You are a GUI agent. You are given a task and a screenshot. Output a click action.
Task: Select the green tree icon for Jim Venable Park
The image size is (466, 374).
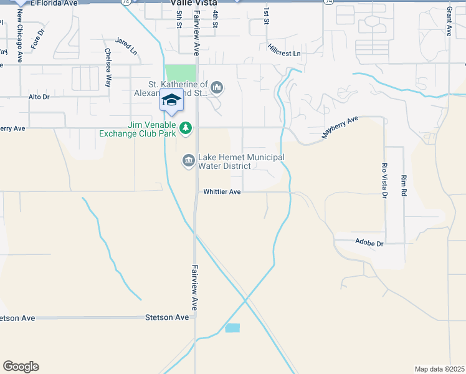pyautogui.click(x=185, y=128)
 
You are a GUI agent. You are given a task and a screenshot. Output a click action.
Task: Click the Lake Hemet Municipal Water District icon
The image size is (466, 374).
pyautogui.click(x=188, y=161)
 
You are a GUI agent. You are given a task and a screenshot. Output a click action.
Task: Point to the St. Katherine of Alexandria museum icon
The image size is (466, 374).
pyautogui.click(x=217, y=87)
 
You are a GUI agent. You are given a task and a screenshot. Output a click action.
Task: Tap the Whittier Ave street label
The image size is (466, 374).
pyautogui.click(x=222, y=192)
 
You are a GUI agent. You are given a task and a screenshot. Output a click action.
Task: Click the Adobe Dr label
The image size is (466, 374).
pyautogui.click(x=369, y=242)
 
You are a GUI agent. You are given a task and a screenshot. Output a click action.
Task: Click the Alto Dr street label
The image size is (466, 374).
pyautogui.click(x=39, y=97)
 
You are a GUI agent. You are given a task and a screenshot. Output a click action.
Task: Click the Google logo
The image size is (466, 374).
pyautogui.click(x=21, y=367)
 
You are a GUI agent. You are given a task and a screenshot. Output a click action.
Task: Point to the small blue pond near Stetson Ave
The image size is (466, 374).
pyautogui.click(x=232, y=328)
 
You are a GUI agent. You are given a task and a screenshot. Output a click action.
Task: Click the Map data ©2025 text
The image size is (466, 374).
pyautogui.click(x=439, y=369)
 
